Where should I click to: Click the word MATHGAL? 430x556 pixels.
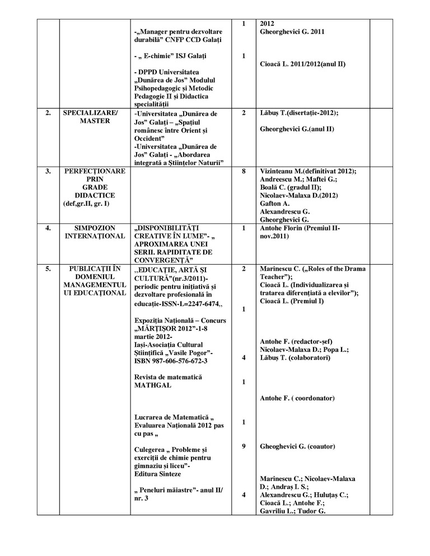coord(153,385)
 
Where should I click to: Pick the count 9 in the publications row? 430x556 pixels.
coord(244,446)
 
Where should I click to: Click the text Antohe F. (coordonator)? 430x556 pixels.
coord(297,398)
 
